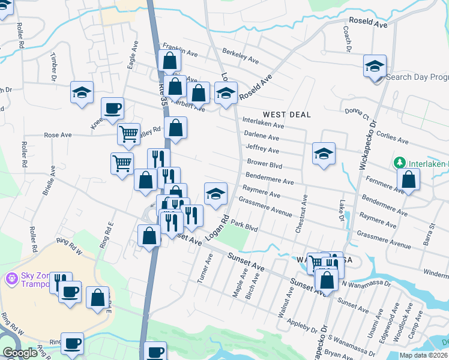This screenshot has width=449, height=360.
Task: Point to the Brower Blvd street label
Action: click(264, 163)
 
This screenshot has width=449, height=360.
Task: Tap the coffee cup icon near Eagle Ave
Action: click(112, 109)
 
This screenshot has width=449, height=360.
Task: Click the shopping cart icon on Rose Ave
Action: click(128, 134)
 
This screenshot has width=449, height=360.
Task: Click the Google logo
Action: click(20, 353)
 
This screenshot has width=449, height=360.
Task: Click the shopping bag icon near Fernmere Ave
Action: click(408, 179)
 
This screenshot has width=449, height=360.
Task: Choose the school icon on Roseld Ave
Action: click(226, 93)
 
